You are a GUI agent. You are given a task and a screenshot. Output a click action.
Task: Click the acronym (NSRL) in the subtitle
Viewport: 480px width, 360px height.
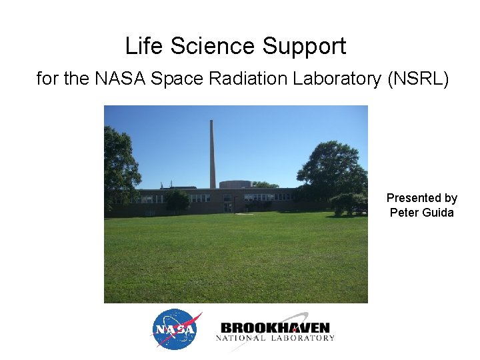pos(418,79)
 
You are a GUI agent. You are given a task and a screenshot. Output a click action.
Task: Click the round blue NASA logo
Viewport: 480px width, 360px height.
pos(177,329)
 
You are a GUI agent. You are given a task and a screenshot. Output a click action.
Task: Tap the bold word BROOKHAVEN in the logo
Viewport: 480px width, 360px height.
pos(275,327)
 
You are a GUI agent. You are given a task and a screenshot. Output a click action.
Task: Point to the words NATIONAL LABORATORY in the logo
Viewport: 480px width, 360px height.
pos(275,338)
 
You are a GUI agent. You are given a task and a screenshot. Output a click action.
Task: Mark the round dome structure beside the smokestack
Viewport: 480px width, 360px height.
pos(235,184)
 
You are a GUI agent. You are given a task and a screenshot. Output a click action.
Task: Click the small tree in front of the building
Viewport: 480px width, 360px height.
pos(177,201)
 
